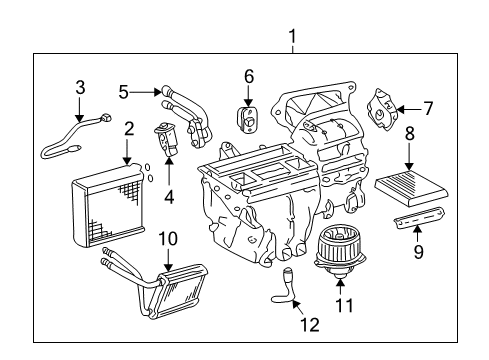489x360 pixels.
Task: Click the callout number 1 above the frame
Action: pos(292,37)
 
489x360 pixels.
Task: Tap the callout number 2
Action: pos(129,129)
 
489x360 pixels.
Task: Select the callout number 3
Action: pos(80,88)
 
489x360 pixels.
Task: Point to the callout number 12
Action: pos(310,324)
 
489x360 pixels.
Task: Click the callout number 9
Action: pos(418,251)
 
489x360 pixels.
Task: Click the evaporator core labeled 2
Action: pos(108,205)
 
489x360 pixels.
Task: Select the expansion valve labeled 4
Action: pos(166,139)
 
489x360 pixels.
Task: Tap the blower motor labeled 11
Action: pos(340,251)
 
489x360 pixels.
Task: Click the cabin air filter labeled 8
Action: pos(411,187)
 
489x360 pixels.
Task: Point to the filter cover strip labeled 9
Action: pos(419,217)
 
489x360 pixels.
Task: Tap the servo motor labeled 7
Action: pos(382,109)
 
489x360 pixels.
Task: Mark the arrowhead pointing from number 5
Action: pos(158,92)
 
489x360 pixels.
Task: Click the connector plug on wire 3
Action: pos(106,118)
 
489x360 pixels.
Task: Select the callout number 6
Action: pos(249,76)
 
